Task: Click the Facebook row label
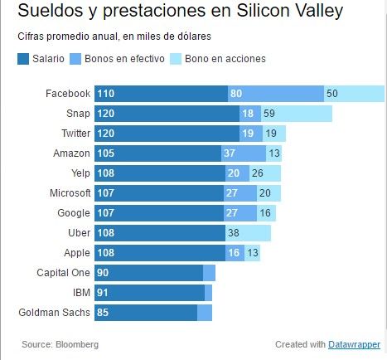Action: (x=68, y=94)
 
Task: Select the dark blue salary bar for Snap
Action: (x=166, y=114)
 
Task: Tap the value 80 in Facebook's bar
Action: (x=236, y=94)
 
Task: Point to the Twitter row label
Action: (x=75, y=134)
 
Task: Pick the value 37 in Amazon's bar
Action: (x=230, y=153)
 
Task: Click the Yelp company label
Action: (x=80, y=173)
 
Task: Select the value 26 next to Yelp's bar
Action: (x=257, y=173)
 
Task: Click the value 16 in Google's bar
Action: (x=265, y=213)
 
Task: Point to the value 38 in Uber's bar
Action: (x=234, y=233)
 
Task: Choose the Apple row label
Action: (x=77, y=253)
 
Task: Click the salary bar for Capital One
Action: (x=149, y=273)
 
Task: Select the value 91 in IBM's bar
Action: (x=103, y=293)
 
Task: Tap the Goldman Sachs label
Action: (x=54, y=313)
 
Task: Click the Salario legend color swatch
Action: (x=22, y=59)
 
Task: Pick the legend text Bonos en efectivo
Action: (x=123, y=59)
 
